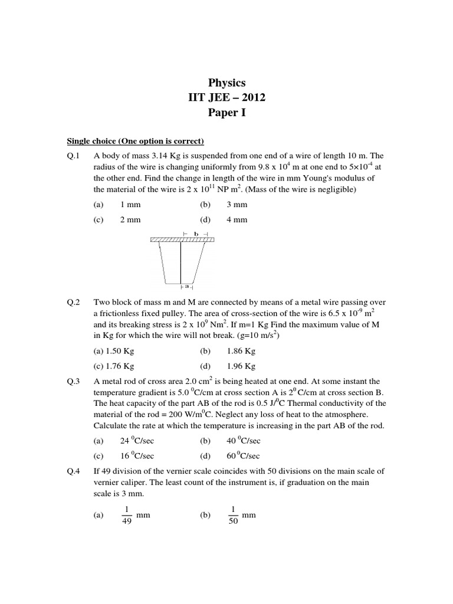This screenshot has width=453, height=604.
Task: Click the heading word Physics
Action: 226,83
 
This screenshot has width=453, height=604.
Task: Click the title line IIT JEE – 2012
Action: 226,97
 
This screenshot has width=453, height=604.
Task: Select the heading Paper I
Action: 226,113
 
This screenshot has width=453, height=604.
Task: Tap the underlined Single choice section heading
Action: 136,141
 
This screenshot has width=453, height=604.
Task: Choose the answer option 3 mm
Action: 237,205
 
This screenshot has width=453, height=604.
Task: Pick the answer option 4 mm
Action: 237,220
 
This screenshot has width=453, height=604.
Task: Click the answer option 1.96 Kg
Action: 241,366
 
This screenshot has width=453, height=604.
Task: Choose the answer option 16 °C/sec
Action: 137,456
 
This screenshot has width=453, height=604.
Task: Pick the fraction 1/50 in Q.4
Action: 232,516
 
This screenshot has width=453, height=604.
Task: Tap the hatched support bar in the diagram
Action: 182,239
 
